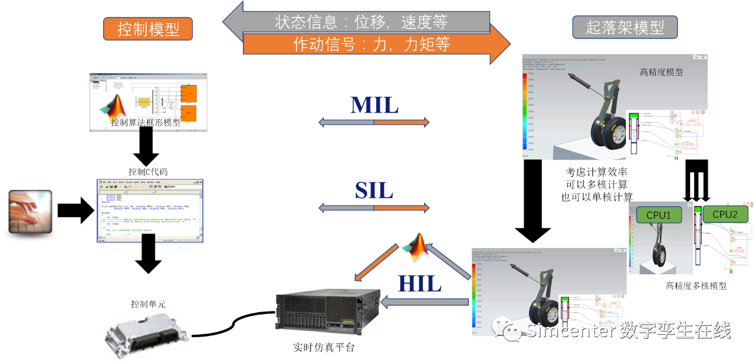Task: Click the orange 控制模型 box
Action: pyautogui.click(x=148, y=29)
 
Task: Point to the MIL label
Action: pyautogui.click(x=375, y=105)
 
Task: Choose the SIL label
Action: pyautogui.click(x=374, y=190)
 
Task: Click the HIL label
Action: pyautogui.click(x=419, y=283)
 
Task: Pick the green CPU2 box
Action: pyautogui.click(x=725, y=214)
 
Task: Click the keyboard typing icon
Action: pyautogui.click(x=30, y=211)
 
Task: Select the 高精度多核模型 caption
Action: pyautogui.click(x=696, y=286)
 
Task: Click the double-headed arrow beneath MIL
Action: pyautogui.click(x=374, y=122)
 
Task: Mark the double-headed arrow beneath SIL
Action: pyautogui.click(x=374, y=207)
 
